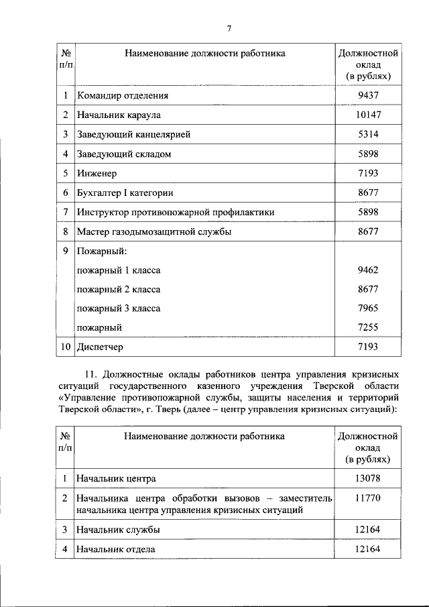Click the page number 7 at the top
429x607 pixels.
[x=229, y=27]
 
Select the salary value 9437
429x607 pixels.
[x=368, y=95]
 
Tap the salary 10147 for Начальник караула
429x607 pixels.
[x=368, y=115]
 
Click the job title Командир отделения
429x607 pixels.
[x=122, y=95]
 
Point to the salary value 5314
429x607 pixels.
[x=368, y=134]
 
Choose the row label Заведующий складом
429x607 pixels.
[x=123, y=154]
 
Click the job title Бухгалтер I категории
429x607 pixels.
[x=125, y=192]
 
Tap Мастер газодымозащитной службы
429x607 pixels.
[x=154, y=231]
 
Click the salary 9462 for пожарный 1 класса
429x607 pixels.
[x=368, y=270]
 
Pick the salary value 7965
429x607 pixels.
[x=368, y=309]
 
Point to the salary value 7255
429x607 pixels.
[x=368, y=327]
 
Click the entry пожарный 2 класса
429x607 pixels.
[x=119, y=290]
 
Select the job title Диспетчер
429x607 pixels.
[x=100, y=347]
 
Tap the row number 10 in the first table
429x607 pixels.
[x=65, y=347]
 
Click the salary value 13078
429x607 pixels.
[x=368, y=479]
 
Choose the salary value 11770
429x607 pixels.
[x=368, y=498]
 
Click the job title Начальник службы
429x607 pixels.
[x=118, y=530]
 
